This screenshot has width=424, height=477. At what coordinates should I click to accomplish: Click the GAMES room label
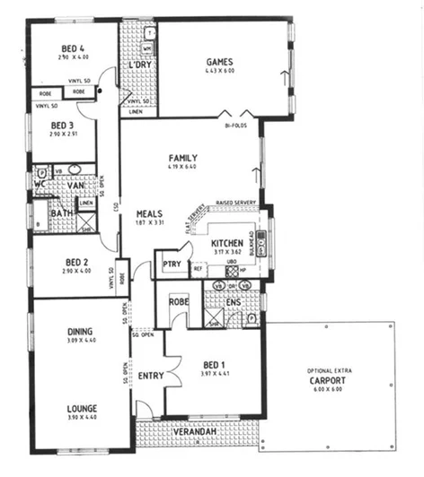[220, 61]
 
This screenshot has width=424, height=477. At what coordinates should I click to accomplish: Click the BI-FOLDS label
[236, 126]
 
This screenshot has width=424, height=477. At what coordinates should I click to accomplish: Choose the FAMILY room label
[181, 158]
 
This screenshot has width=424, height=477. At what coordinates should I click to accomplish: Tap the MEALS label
[149, 213]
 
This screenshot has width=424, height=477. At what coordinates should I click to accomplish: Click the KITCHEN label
[225, 243]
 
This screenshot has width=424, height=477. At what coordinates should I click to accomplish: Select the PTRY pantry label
[172, 264]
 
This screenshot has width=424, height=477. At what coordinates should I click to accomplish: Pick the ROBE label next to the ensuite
[179, 302]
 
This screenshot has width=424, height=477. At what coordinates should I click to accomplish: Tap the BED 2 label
[74, 262]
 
